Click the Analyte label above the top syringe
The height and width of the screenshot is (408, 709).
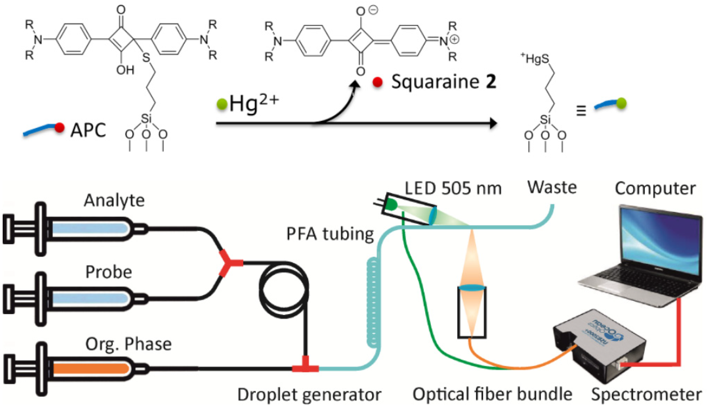[x=114, y=201]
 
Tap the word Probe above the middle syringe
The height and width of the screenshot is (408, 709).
[x=109, y=272]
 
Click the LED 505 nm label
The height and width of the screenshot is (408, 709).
[x=453, y=188]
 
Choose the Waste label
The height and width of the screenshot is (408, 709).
[x=552, y=187]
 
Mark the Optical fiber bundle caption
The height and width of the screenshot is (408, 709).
[x=492, y=394]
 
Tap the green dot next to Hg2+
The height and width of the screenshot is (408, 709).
[x=222, y=104]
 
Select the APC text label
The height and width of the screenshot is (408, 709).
[x=88, y=130]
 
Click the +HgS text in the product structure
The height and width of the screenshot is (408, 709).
[x=535, y=59]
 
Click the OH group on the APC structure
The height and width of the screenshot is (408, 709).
[x=125, y=70]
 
